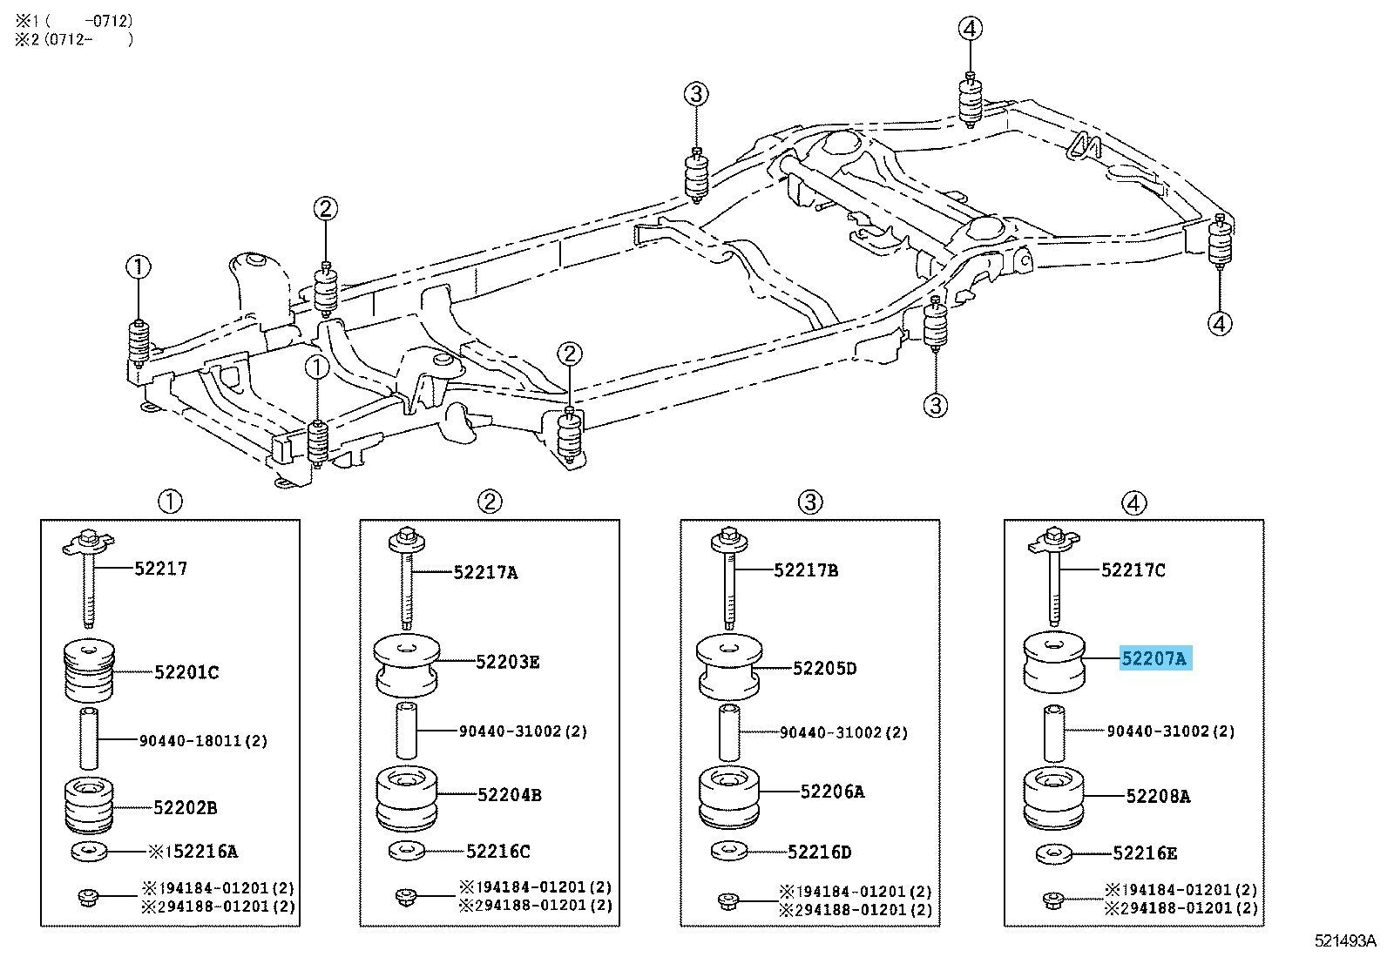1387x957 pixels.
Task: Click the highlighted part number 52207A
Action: (x=1154, y=659)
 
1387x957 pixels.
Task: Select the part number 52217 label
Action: (x=161, y=569)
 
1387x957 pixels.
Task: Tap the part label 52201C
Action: (x=186, y=671)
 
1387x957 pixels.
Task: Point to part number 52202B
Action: (x=185, y=807)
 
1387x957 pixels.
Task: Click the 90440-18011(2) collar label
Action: (x=203, y=741)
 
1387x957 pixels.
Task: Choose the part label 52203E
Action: (x=508, y=662)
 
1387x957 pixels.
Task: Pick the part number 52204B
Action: (x=510, y=794)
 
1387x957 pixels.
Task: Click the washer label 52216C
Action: (x=497, y=851)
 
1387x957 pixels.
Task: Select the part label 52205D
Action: (x=825, y=669)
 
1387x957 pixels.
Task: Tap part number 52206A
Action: (x=832, y=792)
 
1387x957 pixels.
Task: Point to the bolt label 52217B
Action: (x=806, y=570)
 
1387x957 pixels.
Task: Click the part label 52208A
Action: (x=1158, y=795)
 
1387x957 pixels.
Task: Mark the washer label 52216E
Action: (x=1145, y=853)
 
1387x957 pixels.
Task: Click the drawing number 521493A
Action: (x=1345, y=940)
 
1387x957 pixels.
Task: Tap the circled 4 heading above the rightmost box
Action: (x=1133, y=502)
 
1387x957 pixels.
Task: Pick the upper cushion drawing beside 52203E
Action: (x=407, y=665)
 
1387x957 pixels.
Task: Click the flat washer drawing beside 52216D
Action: (x=728, y=850)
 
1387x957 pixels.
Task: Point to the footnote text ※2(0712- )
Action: (x=74, y=38)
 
